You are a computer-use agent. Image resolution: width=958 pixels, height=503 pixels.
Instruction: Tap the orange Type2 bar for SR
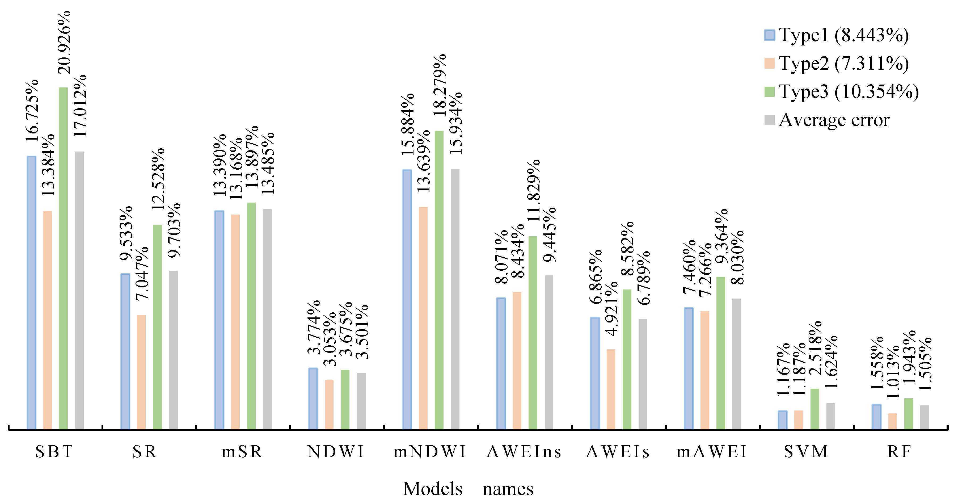pyautogui.click(x=141, y=372)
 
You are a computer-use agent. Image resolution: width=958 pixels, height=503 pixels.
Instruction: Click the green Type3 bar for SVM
pyautogui.click(x=814, y=409)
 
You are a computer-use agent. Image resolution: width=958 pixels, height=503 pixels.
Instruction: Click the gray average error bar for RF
pyautogui.click(x=925, y=417)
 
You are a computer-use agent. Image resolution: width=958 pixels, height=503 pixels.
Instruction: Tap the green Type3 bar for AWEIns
pyautogui.click(x=533, y=333)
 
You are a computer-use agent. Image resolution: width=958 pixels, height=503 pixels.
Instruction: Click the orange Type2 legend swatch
pyautogui.click(x=769, y=63)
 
